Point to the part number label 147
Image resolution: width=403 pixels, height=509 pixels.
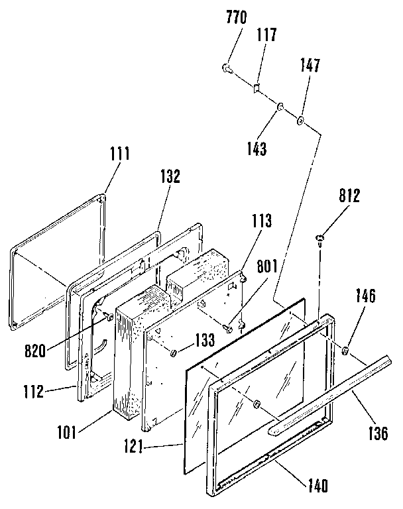click(x=310, y=65)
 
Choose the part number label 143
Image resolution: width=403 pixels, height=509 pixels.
click(x=255, y=148)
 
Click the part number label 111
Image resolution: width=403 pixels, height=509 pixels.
click(x=119, y=154)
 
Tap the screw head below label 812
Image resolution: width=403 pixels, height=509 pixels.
click(x=319, y=239)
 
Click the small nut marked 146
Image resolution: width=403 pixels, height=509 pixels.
click(x=347, y=349)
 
